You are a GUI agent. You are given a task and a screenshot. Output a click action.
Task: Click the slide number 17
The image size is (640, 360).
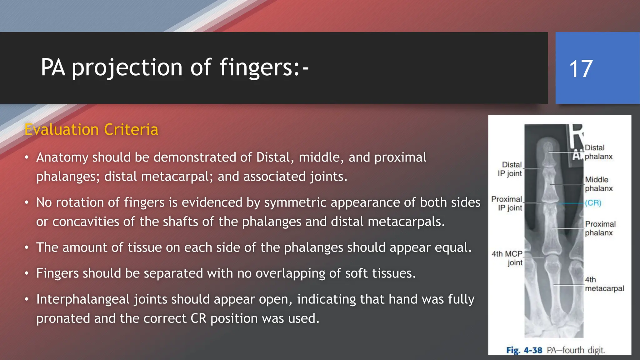(581, 69)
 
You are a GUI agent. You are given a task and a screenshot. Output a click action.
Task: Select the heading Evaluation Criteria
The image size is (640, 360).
(91, 129)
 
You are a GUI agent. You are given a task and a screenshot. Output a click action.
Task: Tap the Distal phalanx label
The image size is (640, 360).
(598, 152)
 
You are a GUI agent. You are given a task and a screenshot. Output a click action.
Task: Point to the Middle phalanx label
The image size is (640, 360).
(598, 184)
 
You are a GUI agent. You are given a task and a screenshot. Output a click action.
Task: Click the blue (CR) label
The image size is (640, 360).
(593, 203)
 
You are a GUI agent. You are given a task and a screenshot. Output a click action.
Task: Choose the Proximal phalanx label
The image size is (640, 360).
(600, 228)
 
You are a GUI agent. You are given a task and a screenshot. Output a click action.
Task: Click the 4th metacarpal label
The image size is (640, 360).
(604, 284)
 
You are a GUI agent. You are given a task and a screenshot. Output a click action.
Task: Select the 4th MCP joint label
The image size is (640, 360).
(507, 258)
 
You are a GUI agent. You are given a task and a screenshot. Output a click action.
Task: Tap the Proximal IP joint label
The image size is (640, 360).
(507, 203)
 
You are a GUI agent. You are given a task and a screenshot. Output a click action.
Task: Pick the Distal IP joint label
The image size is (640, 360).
(510, 169)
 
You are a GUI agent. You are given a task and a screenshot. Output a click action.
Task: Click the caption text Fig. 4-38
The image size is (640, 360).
(524, 350)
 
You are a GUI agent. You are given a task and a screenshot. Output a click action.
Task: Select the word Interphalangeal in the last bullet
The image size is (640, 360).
(83, 299)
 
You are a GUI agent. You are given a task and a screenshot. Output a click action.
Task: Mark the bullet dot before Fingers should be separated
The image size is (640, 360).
(27, 273)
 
